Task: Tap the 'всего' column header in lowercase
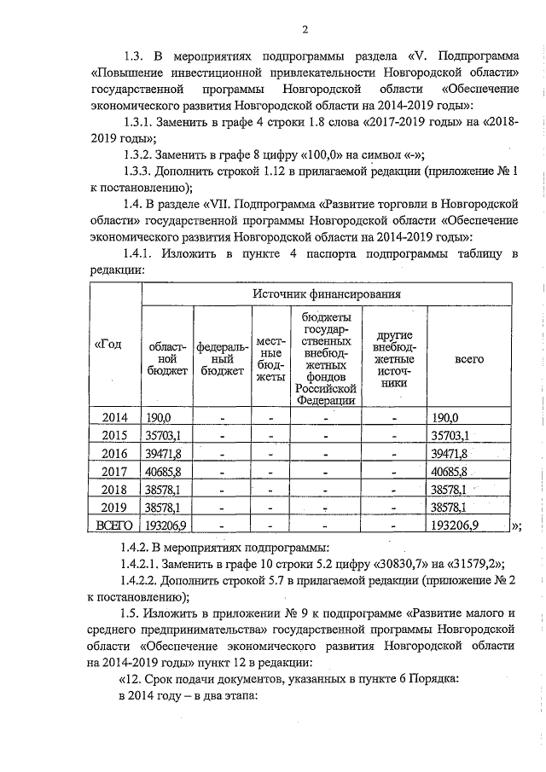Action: click(x=469, y=359)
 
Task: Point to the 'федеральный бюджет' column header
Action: click(x=222, y=359)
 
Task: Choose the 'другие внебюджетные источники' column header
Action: click(x=394, y=359)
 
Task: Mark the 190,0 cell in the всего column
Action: click(x=445, y=417)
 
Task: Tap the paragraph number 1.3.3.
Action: click(x=142, y=171)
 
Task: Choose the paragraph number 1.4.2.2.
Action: click(x=147, y=579)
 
